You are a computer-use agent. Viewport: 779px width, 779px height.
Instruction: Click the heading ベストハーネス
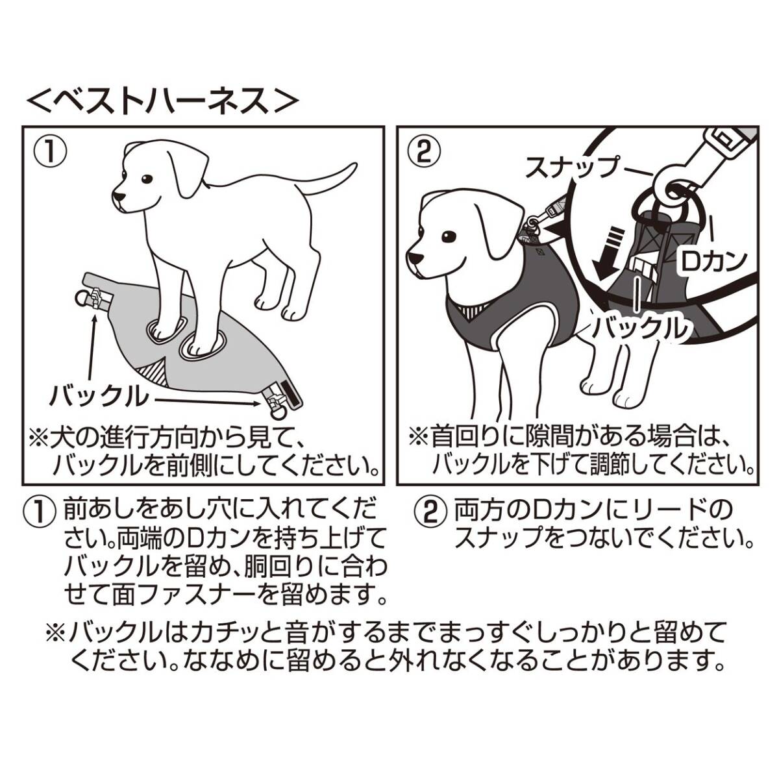point(163,101)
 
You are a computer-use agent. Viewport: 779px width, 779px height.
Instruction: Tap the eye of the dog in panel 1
point(147,179)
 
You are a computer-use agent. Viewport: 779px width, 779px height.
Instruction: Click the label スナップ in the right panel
point(571,167)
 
